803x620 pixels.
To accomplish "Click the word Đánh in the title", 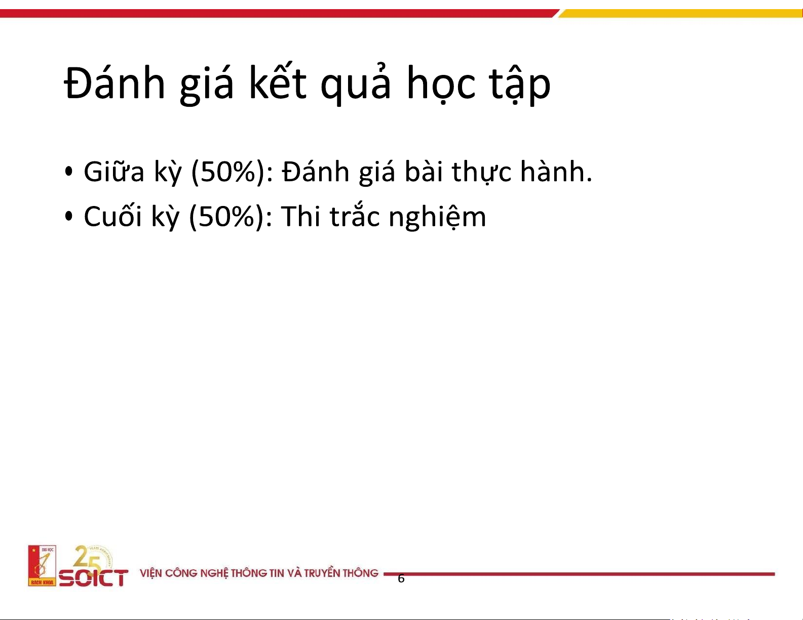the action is point(114,84).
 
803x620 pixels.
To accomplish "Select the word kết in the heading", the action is point(278,82).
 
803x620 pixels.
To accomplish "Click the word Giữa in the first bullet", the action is point(114,172).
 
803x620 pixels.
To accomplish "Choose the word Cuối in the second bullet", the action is point(112,216).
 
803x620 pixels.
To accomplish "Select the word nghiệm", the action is point(438,217).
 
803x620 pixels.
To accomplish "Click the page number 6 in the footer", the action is point(401,578).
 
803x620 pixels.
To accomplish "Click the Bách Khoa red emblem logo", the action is point(42,565).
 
